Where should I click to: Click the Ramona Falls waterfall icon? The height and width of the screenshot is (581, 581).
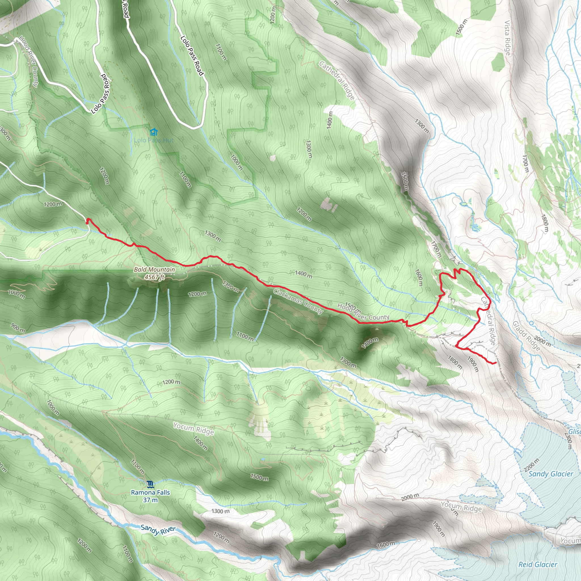[150, 484]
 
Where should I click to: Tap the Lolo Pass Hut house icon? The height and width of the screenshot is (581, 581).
[154, 132]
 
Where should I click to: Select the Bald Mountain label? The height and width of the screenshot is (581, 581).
[154, 270]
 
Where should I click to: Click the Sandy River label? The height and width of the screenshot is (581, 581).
[158, 530]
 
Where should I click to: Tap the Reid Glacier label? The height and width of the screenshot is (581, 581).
[538, 565]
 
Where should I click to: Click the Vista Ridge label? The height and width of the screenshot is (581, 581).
[507, 38]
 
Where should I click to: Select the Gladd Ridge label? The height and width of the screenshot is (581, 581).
[526, 336]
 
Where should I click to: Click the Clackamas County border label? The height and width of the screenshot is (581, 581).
[298, 301]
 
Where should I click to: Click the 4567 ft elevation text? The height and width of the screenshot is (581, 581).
[154, 277]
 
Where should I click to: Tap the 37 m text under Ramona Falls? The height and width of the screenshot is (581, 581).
[150, 500]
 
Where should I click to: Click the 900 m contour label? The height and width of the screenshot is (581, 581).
[18, 327]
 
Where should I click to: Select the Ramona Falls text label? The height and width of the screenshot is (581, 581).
[150, 492]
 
